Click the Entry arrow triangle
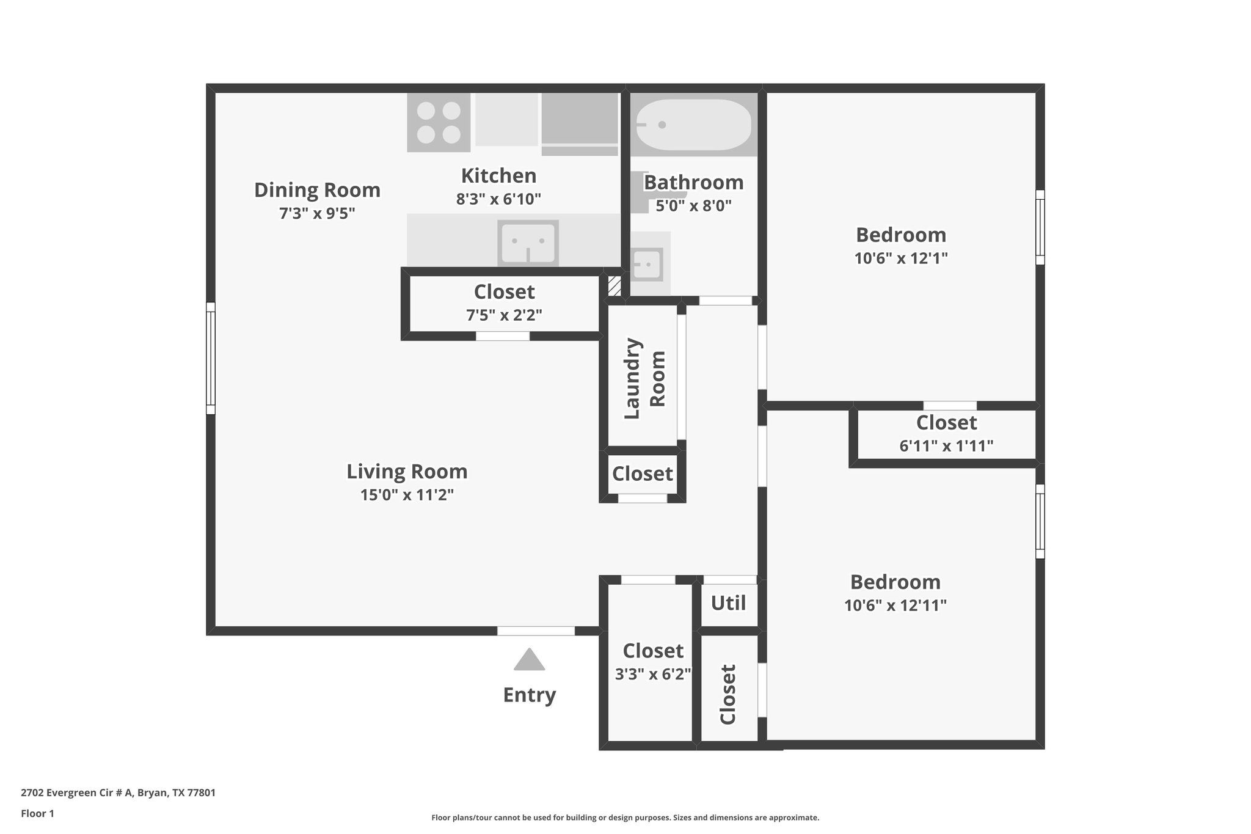click(529, 660)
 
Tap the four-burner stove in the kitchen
click(439, 122)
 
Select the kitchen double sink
click(528, 243)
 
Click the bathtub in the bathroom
click(693, 125)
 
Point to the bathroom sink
click(647, 265)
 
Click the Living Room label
click(407, 472)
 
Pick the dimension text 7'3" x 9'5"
click(317, 213)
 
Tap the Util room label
click(728, 603)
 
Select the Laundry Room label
click(644, 378)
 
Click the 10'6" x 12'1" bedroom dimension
click(900, 258)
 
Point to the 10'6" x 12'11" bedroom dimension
click(895, 605)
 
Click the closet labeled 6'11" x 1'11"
click(946, 434)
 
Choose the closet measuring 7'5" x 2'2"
click(504, 304)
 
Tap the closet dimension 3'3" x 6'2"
click(652, 674)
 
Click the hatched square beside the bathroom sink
click(614, 286)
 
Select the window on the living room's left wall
click(211, 358)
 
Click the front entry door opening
click(536, 631)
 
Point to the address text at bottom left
click(118, 793)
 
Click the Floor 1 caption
click(37, 813)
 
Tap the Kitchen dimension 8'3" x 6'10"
click(498, 199)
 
